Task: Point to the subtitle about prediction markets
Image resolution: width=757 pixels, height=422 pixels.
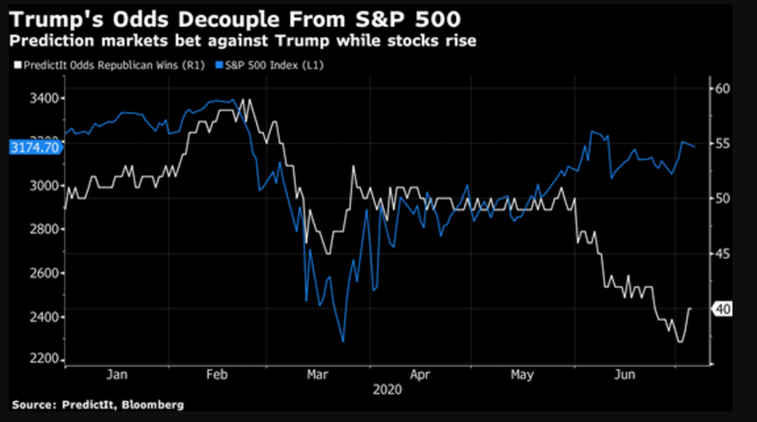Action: [x=242, y=41]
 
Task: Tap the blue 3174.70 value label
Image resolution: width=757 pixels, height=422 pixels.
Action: [x=34, y=147]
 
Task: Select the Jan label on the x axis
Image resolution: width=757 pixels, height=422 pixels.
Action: [x=117, y=375]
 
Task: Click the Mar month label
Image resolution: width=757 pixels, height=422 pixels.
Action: [x=318, y=375]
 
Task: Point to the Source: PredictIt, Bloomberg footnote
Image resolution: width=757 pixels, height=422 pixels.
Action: [x=97, y=404]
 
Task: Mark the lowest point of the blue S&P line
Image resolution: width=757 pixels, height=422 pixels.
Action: [x=343, y=341]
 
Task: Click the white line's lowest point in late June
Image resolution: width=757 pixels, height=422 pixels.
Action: [x=679, y=341]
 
